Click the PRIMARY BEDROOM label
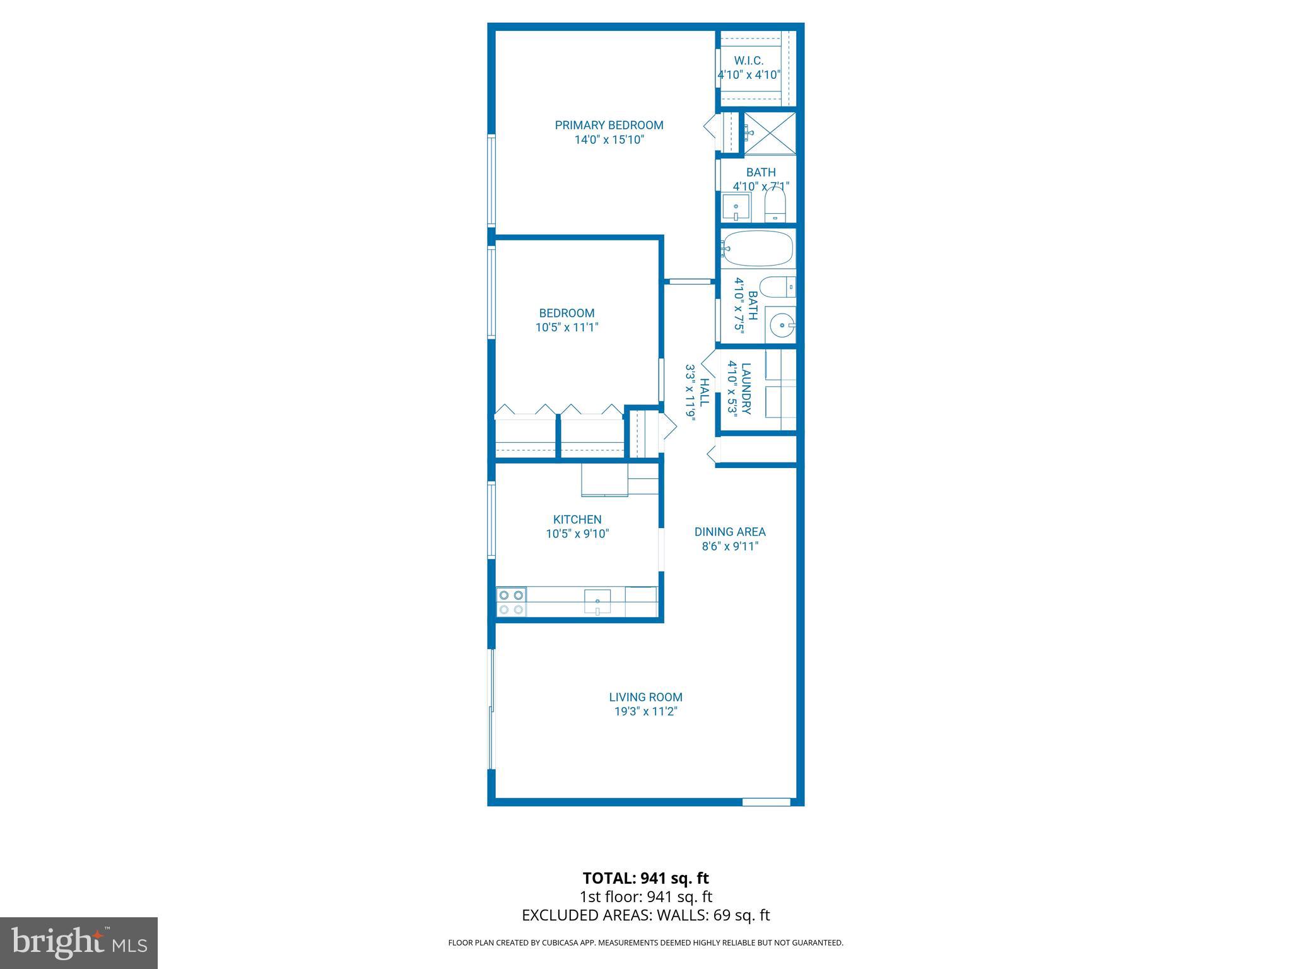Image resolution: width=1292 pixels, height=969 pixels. pos(609,125)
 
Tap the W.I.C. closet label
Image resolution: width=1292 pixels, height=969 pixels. pos(749,61)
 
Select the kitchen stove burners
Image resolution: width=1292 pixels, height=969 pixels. pos(511,602)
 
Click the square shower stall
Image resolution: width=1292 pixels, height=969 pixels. pos(770,132)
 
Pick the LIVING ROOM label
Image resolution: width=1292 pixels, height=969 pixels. pos(645,697)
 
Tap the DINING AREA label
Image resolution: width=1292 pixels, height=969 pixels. pos(730,532)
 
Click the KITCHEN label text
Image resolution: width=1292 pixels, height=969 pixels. pos(577,519)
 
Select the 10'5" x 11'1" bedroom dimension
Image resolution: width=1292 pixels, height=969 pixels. pos(567,327)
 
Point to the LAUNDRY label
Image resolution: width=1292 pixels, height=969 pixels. pos(746,388)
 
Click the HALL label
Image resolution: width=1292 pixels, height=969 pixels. pos(705,392)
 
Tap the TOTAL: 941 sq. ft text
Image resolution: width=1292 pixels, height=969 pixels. pos(645,878)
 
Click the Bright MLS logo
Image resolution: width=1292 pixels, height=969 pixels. pos(79,943)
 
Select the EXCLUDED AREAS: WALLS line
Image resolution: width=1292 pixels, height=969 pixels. pos(645,915)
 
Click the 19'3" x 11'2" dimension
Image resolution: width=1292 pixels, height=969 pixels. pos(645,712)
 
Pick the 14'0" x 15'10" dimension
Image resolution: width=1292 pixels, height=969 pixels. pos(609,139)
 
